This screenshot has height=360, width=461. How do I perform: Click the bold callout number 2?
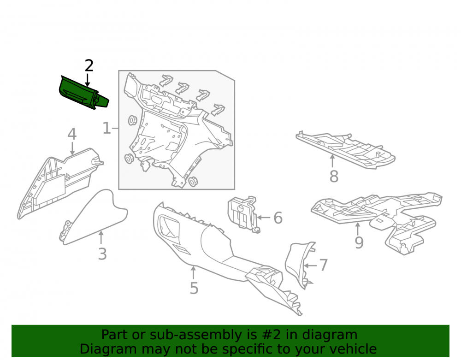coord(89,65)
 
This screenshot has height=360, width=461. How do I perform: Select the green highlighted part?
coord(83,94)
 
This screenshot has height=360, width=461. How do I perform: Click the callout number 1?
coord(106,129)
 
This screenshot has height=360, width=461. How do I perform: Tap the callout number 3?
coord(102,254)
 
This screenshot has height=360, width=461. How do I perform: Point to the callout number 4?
coord(72,134)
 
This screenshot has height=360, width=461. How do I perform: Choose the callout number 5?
coord(194,288)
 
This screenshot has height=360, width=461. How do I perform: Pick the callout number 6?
coord(278,218)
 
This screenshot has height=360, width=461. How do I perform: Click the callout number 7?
coord(324,265)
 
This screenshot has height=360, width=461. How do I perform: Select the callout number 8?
coord(334,177)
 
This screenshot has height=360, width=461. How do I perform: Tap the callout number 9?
coord(359,242)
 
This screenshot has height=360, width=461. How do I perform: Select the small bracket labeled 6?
coord(243,214)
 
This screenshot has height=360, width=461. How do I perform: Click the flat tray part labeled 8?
coord(345,149)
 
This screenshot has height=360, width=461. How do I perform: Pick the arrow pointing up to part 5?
coord(193,272)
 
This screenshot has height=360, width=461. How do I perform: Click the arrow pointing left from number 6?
coord(263,218)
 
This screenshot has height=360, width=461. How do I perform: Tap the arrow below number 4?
coord(72,148)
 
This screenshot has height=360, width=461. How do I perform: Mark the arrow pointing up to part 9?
coord(358,230)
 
